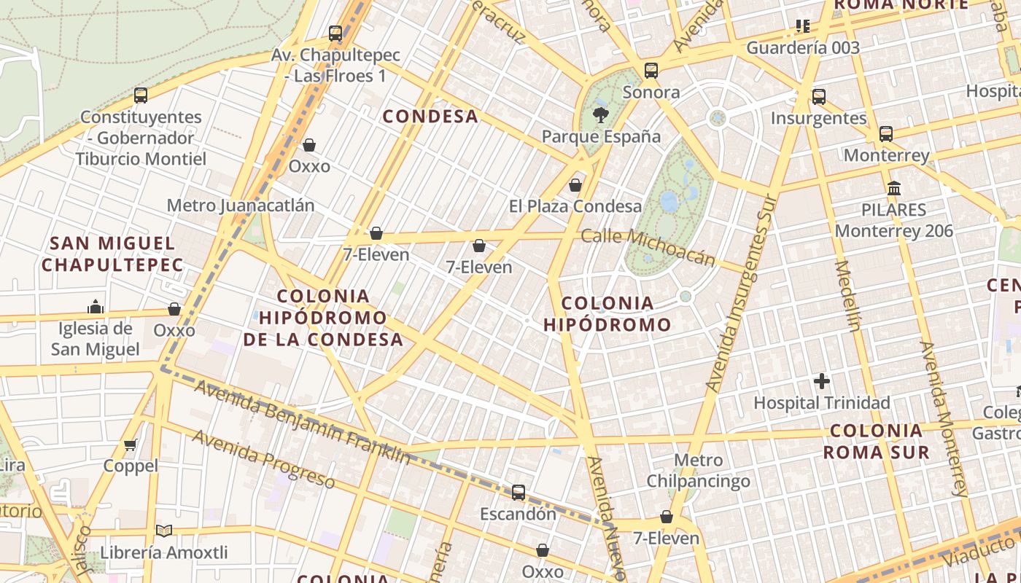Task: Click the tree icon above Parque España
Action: coord(601,114)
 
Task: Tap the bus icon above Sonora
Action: coord(651,71)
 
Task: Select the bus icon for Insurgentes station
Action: coord(819,96)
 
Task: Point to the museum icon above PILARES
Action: coord(894,188)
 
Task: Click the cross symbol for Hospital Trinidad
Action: coord(822,381)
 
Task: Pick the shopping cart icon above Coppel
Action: coord(131,445)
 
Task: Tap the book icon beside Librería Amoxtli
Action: coord(164,531)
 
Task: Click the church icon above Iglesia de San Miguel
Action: coord(96,306)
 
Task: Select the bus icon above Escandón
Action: coord(518,493)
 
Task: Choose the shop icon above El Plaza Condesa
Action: coord(575,185)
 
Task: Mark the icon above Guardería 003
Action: coord(803,27)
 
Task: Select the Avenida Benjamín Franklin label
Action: coord(303,422)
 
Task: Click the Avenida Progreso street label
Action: coord(263,459)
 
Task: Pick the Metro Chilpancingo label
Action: coord(698,471)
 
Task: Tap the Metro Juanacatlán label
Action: coord(241,206)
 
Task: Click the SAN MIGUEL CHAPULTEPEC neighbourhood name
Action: coord(112,254)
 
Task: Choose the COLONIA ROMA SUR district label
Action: coord(877,441)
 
